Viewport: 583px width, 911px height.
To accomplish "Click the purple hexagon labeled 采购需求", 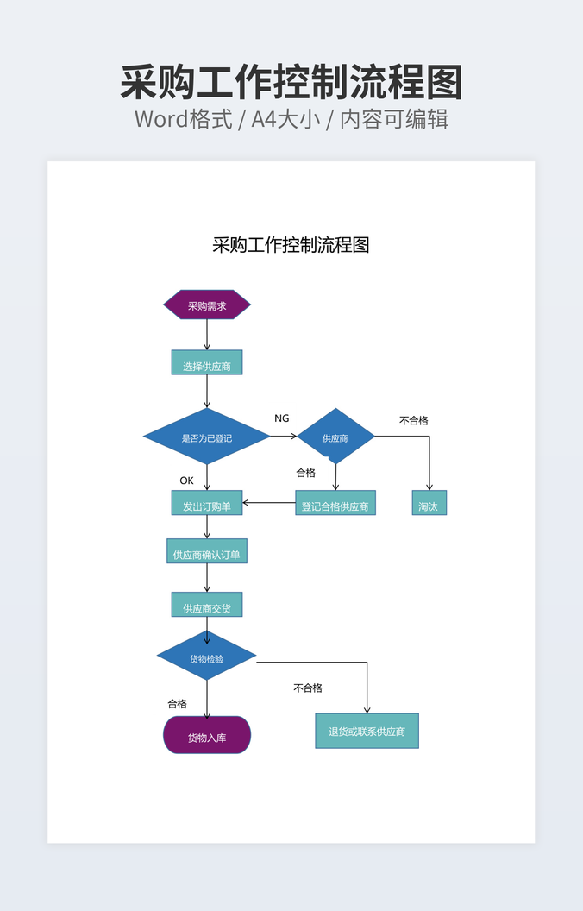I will (207, 305).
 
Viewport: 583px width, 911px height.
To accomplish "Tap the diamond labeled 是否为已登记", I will (207, 437).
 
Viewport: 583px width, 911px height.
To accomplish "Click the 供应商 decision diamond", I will (335, 437).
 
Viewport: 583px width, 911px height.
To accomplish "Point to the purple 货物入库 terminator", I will (207, 736).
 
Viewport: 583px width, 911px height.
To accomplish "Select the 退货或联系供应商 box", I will (367, 732).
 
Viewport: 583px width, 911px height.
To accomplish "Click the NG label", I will (282, 418).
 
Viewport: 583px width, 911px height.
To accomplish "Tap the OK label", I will (186, 481).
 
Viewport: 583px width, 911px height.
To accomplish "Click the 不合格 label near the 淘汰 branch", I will (414, 420).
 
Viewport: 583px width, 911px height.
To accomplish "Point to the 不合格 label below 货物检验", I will (308, 688).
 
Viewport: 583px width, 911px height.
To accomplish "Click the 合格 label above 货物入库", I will (177, 704).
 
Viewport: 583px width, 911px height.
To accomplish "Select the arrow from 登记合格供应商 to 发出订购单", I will (269, 503).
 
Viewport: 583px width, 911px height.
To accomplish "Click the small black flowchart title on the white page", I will (291, 245).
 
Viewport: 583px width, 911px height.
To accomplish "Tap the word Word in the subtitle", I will (160, 119).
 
